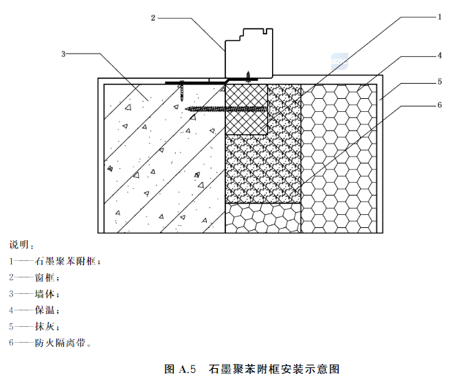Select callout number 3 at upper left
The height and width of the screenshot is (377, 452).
[63, 53]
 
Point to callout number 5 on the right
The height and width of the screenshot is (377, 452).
[438, 81]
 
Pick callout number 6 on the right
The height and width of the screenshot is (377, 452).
[438, 105]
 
